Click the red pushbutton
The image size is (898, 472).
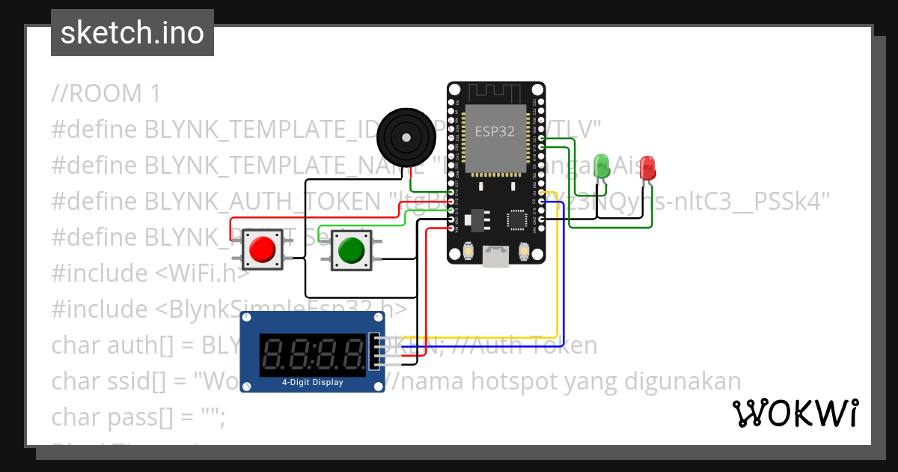click(262, 249)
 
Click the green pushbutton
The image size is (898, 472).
click(350, 250)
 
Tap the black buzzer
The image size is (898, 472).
click(405, 137)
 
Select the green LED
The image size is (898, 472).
click(601, 166)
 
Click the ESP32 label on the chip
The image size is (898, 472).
click(495, 132)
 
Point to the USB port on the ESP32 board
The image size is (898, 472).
click(496, 256)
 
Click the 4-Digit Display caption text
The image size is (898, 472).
click(312, 383)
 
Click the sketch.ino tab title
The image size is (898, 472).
click(132, 33)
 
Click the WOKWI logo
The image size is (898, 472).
click(795, 413)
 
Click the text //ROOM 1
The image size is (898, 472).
click(106, 94)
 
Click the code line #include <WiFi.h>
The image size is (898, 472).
click(150, 273)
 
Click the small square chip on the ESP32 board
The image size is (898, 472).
click(516, 219)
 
